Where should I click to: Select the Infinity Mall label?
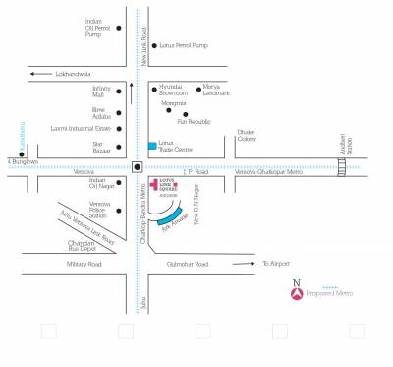104,91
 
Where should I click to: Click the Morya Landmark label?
216,91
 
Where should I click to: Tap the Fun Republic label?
194,122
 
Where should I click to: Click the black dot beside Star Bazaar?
118,148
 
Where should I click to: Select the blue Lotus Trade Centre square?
151,146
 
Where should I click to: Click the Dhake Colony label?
247,135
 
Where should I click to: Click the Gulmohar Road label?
187,265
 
